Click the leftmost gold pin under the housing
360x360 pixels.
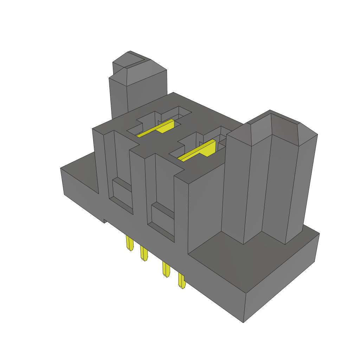129,243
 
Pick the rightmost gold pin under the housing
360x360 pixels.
181,281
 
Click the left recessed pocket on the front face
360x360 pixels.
121,192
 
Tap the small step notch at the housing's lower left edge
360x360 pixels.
105,220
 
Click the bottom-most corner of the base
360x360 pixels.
244,322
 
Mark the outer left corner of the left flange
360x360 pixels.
61,169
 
